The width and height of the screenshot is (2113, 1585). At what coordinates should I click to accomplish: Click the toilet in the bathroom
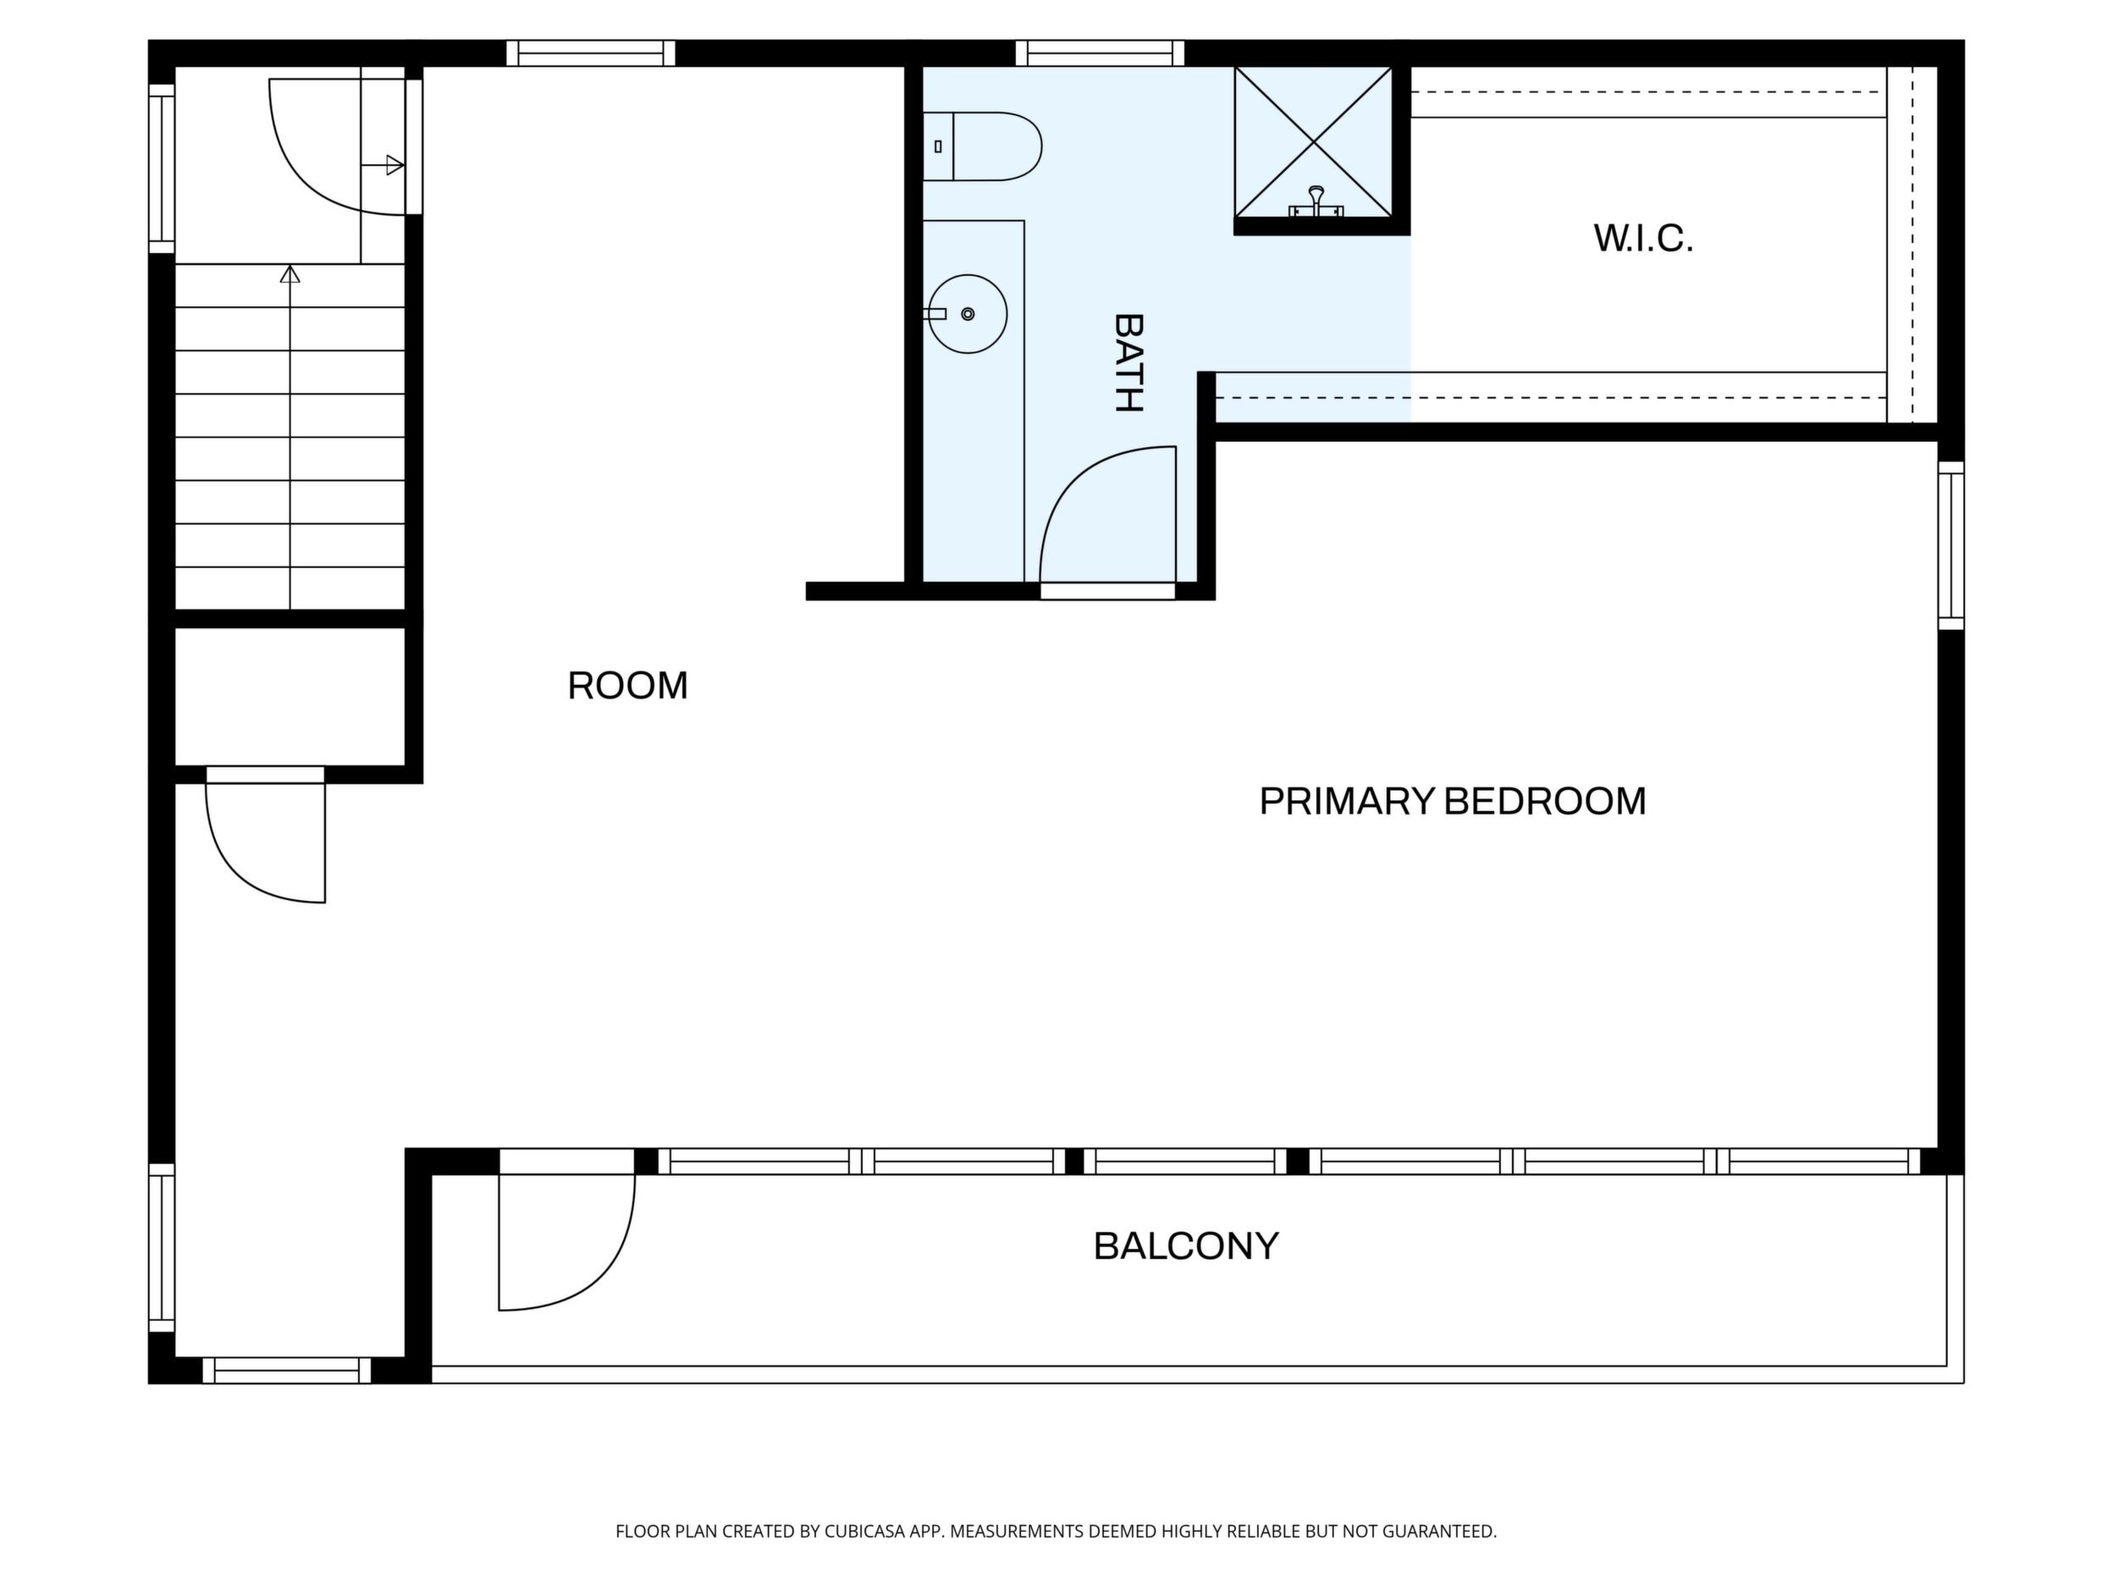981,146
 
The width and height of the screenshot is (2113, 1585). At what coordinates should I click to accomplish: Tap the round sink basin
968,313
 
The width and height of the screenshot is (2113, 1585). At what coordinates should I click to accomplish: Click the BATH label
1128,363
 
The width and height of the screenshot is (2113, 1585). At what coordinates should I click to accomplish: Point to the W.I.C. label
1643,238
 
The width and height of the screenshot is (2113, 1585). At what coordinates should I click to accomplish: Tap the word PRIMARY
1347,801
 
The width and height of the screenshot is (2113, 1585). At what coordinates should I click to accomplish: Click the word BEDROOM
1545,801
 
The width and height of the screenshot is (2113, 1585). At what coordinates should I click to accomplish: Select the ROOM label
627,685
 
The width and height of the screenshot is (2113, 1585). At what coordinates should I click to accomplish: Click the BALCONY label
1185,1245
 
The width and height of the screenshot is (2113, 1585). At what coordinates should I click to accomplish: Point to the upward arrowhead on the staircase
290,274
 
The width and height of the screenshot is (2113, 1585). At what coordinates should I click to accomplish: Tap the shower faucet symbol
1316,202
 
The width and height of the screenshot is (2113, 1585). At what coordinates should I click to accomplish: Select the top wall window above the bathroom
1100,52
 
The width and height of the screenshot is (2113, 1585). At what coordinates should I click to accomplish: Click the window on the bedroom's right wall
1950,545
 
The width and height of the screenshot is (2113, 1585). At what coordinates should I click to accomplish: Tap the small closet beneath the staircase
290,697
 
